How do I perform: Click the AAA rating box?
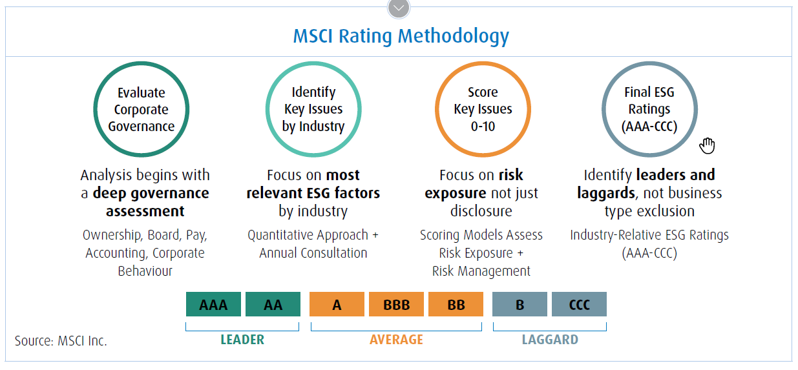point(213,304)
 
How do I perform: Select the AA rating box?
point(273,304)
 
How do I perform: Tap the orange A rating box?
point(337,304)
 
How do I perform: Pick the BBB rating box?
point(396,304)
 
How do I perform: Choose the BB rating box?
point(456,304)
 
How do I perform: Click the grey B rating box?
point(520,304)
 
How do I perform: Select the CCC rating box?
point(579,304)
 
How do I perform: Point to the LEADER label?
point(242,340)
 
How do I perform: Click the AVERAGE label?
point(396,340)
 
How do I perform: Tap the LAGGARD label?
point(550,340)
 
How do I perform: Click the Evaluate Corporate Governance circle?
point(142,110)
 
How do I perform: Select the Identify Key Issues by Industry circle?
point(313,110)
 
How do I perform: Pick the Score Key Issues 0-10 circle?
point(483,110)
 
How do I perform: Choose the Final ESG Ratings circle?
point(649,110)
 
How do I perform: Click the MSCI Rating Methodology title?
point(401,36)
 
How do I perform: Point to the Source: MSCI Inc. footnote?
point(61,341)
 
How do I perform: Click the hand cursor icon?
point(708,146)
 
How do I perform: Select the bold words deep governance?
point(151,193)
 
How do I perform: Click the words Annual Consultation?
point(313,253)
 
